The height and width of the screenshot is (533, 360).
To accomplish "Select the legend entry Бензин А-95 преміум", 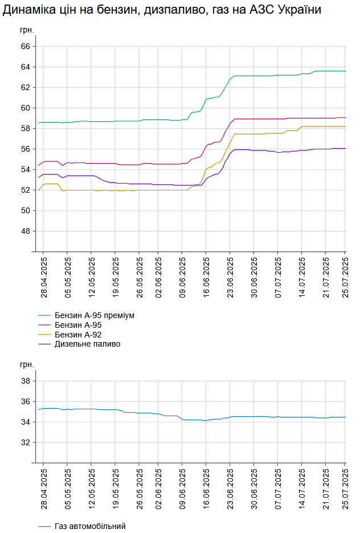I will (95, 315).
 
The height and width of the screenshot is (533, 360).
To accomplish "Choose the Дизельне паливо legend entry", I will (87, 344).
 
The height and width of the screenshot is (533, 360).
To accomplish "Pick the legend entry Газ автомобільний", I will (90, 526).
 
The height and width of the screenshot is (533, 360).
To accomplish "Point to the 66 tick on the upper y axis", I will (25, 47).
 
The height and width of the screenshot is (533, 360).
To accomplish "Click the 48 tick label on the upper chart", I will (25, 231).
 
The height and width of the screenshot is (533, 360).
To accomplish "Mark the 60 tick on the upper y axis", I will (25, 108).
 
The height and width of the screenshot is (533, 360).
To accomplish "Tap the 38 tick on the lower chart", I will (25, 381).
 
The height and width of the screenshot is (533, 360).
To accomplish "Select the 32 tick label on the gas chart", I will (25, 443).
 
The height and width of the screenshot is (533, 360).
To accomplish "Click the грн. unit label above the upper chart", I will (27, 29).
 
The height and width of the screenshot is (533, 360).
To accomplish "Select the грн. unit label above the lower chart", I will (27, 364).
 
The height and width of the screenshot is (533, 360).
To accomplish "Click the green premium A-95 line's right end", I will (345, 71).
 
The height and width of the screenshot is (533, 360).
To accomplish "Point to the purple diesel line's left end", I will (39, 177).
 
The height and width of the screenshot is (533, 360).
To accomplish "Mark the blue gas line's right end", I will (345, 417).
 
